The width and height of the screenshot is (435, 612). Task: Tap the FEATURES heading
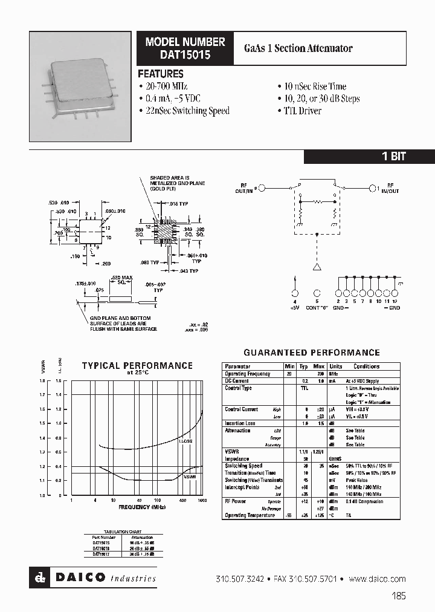click(161, 74)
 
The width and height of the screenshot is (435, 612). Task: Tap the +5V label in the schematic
click(295, 308)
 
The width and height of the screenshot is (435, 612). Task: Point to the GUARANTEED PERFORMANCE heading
click(311, 353)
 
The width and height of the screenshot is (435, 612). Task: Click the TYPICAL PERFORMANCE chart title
click(137, 365)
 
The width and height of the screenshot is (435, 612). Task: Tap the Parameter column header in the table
click(237, 366)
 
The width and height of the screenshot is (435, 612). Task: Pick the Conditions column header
click(366, 366)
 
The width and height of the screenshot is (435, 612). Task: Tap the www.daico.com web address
click(377, 579)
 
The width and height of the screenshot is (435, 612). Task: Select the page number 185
click(398, 596)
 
